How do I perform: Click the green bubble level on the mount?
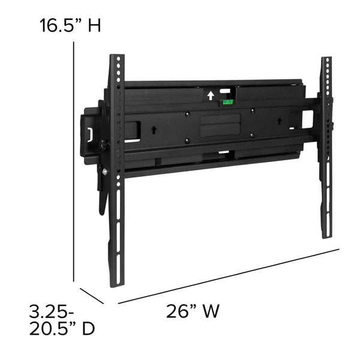227,102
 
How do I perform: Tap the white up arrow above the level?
210,95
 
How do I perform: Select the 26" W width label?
193,311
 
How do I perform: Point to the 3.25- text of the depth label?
52,312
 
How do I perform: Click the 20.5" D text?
62,329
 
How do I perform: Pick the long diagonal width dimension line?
228,276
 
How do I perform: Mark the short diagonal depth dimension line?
92,296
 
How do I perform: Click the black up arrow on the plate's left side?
154,128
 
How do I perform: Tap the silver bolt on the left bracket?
105,172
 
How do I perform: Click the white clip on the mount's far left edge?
90,134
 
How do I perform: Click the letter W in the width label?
211,311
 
